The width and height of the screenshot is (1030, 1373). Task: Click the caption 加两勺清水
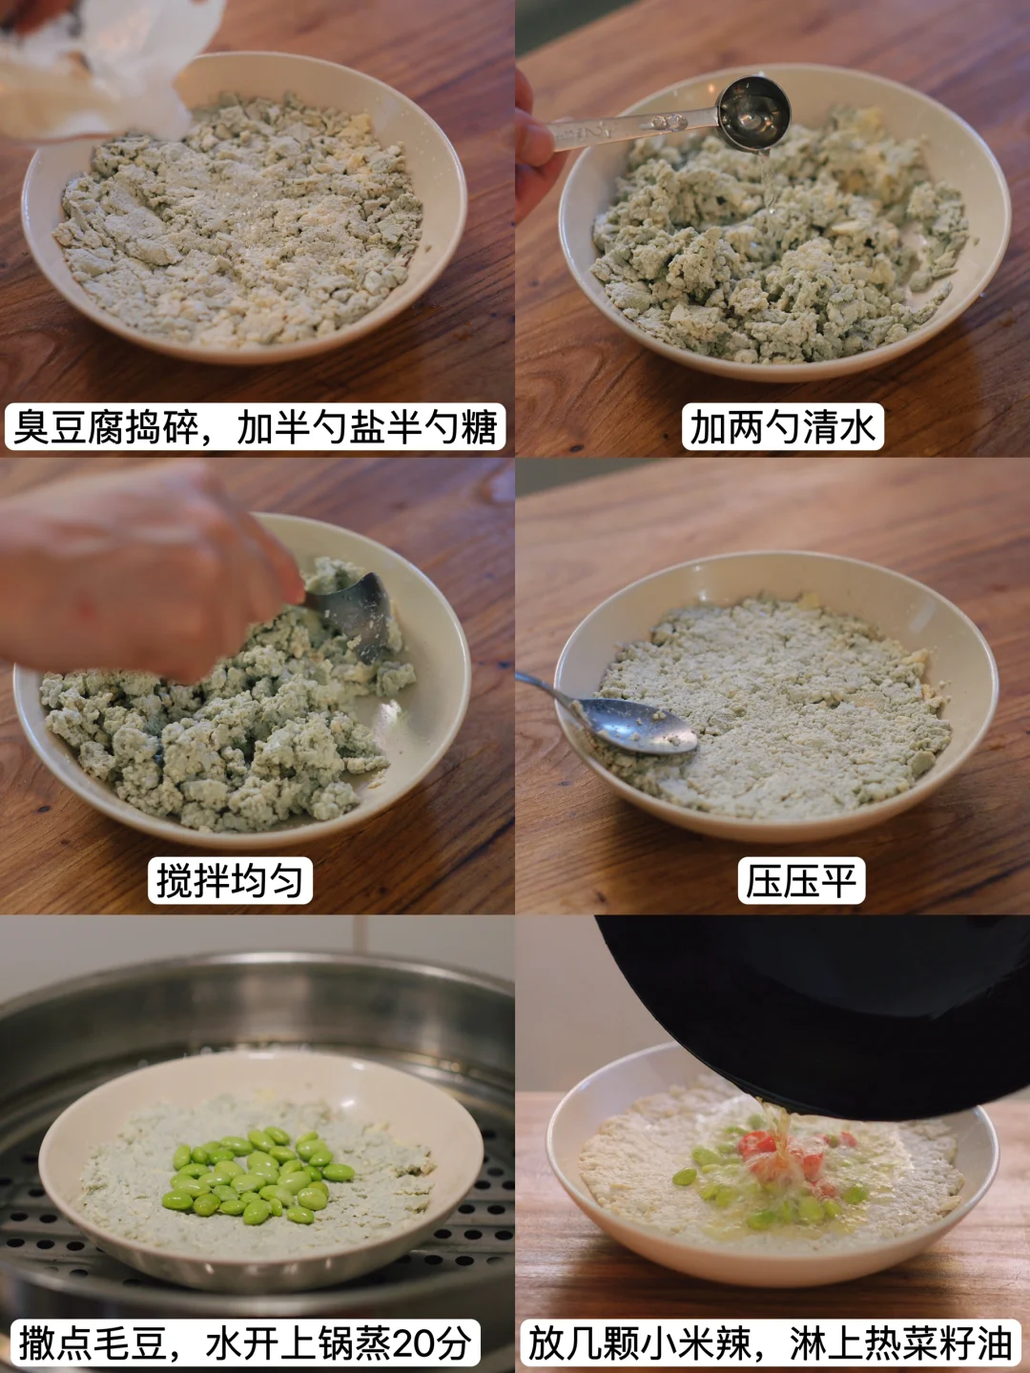[782, 426]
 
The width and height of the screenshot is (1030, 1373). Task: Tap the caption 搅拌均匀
[230, 880]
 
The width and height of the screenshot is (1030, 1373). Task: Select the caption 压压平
[801, 880]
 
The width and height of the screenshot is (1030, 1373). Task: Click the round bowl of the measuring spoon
[754, 113]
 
